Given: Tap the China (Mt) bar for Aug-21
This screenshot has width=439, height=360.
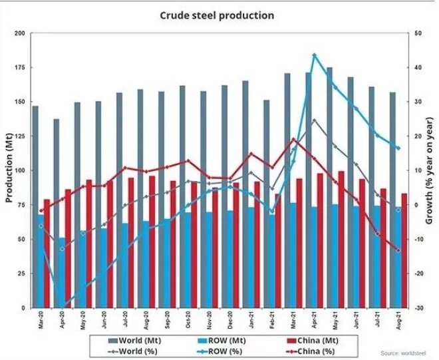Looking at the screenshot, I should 404,250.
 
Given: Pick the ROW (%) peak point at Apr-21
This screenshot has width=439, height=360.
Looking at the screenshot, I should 314,55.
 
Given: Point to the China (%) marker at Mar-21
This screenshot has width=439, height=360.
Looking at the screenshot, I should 293,139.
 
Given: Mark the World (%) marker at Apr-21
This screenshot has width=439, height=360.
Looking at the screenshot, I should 314,120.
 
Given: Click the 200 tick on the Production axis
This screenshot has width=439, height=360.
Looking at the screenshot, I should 19,33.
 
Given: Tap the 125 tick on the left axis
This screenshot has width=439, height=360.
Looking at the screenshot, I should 19,136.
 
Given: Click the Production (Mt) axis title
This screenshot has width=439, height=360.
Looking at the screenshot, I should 8,171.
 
